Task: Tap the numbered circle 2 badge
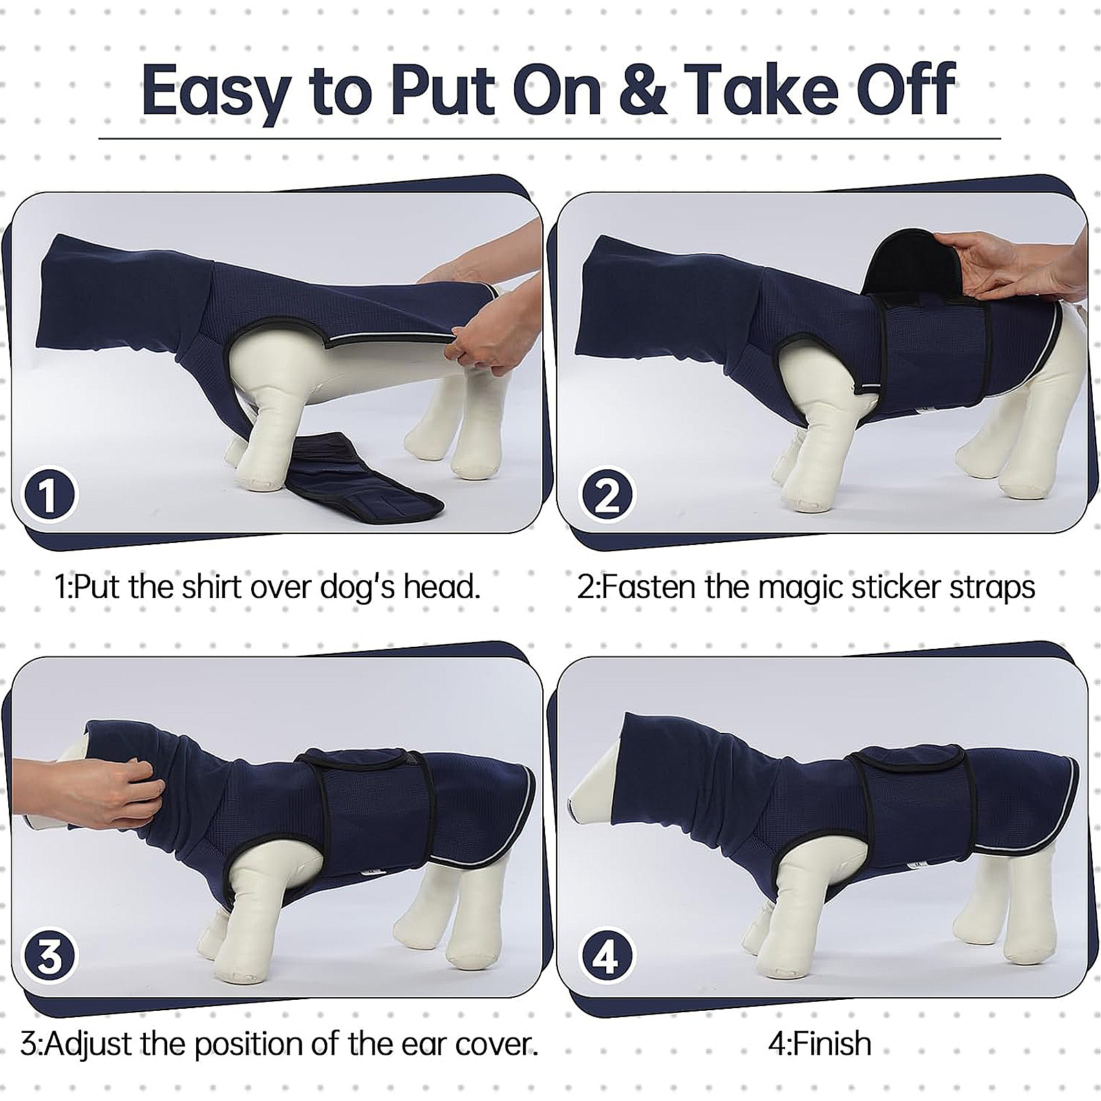pos(606,495)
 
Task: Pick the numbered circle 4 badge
pos(606,957)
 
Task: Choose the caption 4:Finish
pos(820,1044)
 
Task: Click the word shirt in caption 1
pos(211,587)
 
